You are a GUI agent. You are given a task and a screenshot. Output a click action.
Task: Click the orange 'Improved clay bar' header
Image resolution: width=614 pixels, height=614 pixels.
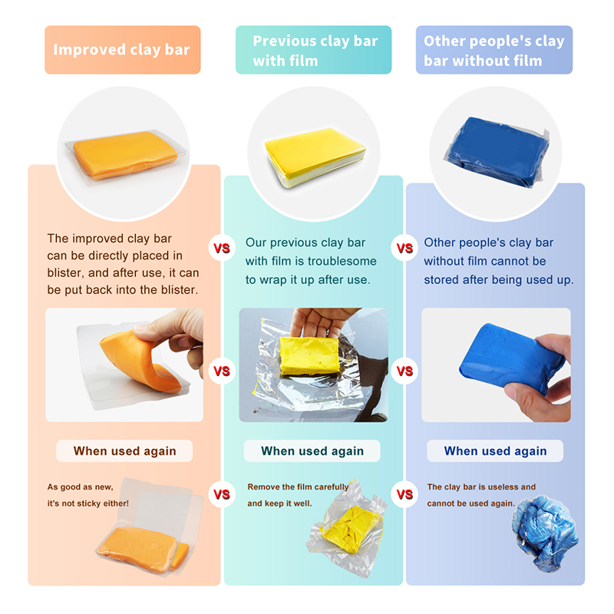(123, 50)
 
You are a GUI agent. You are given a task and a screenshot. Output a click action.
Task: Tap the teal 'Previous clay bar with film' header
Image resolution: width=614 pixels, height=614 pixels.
(313, 50)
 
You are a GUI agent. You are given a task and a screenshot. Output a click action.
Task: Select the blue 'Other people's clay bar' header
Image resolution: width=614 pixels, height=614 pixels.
(494, 50)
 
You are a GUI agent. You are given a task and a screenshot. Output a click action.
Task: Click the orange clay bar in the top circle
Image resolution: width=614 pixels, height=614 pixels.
(124, 155)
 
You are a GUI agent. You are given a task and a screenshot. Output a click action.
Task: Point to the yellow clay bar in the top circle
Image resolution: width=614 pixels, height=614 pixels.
(315, 157)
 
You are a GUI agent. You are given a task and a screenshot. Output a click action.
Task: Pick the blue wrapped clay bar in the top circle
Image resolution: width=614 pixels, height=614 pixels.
(497, 151)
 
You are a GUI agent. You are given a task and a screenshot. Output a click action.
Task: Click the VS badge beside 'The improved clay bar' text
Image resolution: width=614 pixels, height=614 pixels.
(222, 248)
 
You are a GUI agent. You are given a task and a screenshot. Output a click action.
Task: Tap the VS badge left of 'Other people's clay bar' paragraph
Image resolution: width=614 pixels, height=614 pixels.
(404, 248)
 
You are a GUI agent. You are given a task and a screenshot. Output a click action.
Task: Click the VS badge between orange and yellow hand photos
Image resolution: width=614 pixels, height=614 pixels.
(222, 371)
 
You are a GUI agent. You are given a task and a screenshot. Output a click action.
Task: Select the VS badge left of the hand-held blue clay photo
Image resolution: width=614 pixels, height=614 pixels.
(404, 371)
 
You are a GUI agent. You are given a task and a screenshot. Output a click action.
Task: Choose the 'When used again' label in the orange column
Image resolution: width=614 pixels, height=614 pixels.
(124, 451)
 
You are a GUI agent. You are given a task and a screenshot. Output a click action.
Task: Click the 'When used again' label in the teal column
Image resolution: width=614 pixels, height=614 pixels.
(312, 451)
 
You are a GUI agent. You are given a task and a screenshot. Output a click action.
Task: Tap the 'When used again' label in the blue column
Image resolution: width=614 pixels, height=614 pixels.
(495, 451)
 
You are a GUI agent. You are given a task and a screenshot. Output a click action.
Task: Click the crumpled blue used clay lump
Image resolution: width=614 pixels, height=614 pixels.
(544, 533)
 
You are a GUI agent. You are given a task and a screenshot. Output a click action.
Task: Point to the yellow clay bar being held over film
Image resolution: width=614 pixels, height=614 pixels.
(309, 355)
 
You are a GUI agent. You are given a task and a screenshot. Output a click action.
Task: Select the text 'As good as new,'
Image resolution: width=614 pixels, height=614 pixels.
(81, 487)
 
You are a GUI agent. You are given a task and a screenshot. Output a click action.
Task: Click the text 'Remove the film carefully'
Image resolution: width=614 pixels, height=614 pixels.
(298, 487)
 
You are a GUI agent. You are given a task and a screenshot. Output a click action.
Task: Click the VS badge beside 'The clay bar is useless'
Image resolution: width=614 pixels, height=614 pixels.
(404, 494)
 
